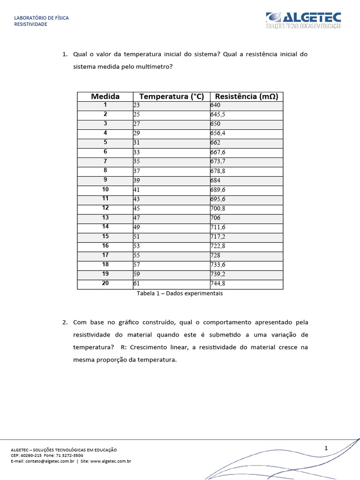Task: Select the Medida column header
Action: pyautogui.click(x=105, y=97)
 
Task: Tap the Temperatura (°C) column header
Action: pyautogui.click(x=172, y=97)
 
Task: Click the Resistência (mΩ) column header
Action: pyautogui.click(x=246, y=97)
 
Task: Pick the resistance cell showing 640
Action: pyautogui.click(x=216, y=105)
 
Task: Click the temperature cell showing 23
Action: pyautogui.click(x=136, y=105)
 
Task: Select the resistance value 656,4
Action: pyautogui.click(x=218, y=134)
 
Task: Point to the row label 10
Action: pyautogui.click(x=105, y=189)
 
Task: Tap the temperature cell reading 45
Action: pyautogui.click(x=136, y=209)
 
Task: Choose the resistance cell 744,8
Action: pyautogui.click(x=218, y=284)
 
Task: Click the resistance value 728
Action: pyautogui.click(x=216, y=255)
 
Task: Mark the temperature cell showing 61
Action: pyautogui.click(x=136, y=284)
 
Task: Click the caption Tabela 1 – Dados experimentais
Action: pyautogui.click(x=180, y=293)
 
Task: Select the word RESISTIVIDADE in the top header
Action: pyautogui.click(x=31, y=24)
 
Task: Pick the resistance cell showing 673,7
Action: pyautogui.click(x=218, y=162)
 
